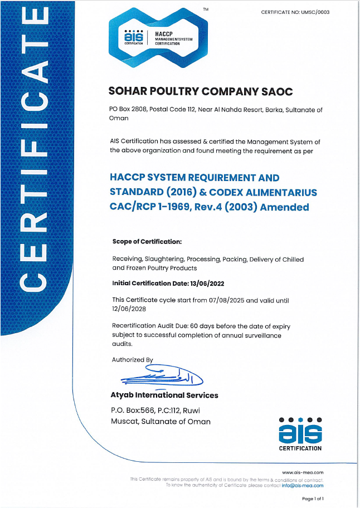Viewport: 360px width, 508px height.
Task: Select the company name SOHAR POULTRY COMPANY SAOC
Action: pos(201,91)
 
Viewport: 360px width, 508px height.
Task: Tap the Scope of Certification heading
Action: pos(147,242)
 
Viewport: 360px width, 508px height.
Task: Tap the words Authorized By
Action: pos(132,360)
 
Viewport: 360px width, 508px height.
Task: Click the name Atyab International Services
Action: pos(165,395)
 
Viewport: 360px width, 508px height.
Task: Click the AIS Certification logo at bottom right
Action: pos(300,433)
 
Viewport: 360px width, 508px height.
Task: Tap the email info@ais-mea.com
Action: pos(304,485)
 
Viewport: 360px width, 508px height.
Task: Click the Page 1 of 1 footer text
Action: pos(313,499)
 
